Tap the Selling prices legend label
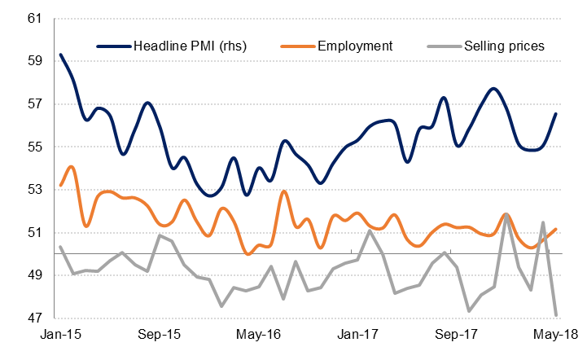click(x=503, y=46)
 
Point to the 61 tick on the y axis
click(x=35, y=18)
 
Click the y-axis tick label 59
click(x=35, y=61)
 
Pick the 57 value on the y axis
click(x=35, y=104)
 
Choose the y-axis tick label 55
click(x=35, y=147)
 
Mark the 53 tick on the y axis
click(x=35, y=190)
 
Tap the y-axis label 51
click(x=35, y=233)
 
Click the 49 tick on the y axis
click(x=35, y=276)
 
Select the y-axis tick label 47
click(x=35, y=318)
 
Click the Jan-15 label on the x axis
click(x=61, y=334)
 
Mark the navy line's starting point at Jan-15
click(x=61, y=55)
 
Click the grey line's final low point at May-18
click(x=556, y=314)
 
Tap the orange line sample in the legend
click(x=297, y=46)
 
